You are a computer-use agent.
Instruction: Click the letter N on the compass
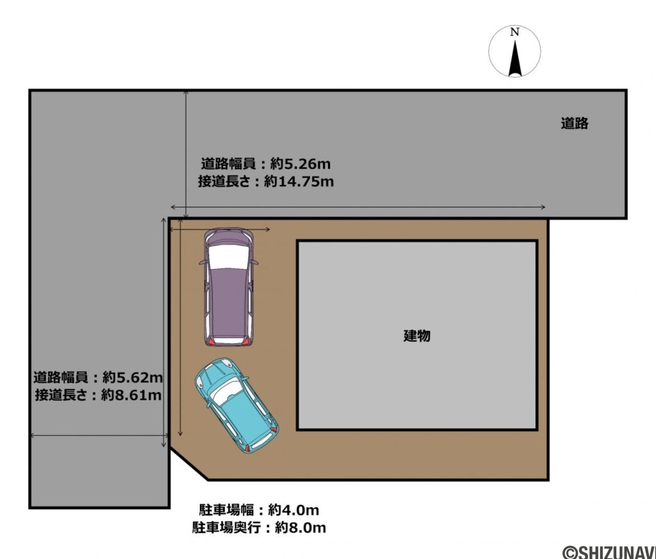pyautogui.click(x=514, y=32)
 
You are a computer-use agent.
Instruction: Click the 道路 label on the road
pyautogui.click(x=575, y=124)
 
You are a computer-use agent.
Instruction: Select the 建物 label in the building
pyautogui.click(x=416, y=335)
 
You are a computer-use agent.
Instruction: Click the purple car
pyautogui.click(x=228, y=288)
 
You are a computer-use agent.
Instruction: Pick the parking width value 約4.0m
pyautogui.click(x=293, y=510)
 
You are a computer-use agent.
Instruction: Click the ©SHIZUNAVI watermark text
pyautogui.click(x=609, y=551)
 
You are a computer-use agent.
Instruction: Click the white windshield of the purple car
pyautogui.click(x=228, y=257)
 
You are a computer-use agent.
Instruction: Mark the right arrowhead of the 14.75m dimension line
pyautogui.click(x=543, y=207)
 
